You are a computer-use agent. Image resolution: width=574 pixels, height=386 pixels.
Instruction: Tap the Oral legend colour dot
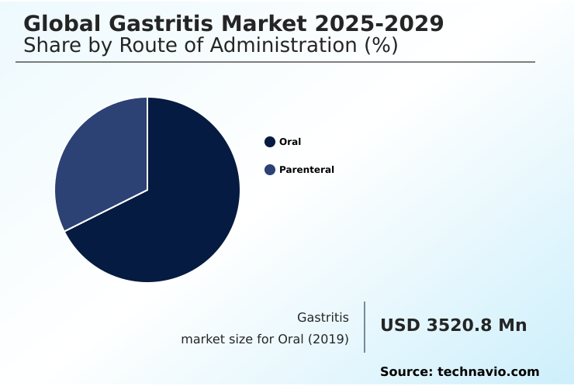pos(270,142)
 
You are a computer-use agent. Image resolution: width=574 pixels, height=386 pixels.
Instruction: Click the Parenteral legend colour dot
pos(270,170)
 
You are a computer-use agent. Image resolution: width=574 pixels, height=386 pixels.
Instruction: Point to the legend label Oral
pos(290,142)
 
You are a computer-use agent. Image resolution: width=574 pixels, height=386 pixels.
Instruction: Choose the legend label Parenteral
pos(306,170)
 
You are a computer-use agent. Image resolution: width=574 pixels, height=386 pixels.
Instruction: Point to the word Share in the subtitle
pos(50,46)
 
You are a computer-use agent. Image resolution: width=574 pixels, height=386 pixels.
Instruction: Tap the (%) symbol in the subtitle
pos(381,46)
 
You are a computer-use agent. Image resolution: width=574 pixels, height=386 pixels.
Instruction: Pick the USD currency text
pos(400,326)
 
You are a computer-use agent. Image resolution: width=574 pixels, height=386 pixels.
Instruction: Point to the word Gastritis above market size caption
pos(323,318)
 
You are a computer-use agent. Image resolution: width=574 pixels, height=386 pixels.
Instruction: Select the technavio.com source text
pos(489,372)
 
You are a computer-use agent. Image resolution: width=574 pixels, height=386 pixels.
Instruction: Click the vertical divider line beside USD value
pos(365,327)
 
